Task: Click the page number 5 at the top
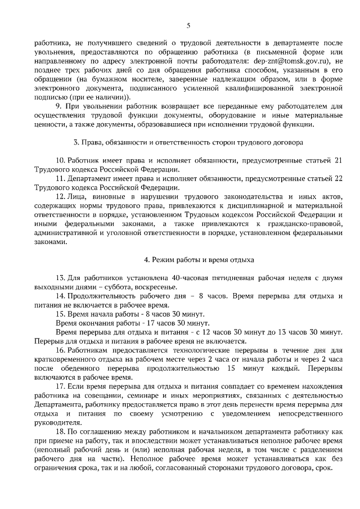188,25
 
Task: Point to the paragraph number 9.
58,107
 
